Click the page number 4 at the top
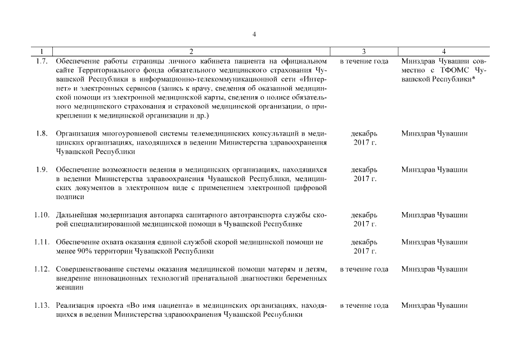click(x=254, y=34)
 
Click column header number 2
click(x=192, y=51)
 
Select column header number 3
click(x=364, y=51)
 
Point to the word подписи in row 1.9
click(x=70, y=197)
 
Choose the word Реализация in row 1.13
click(x=75, y=305)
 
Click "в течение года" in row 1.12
click(x=364, y=269)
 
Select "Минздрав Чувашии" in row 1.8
click(x=434, y=133)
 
